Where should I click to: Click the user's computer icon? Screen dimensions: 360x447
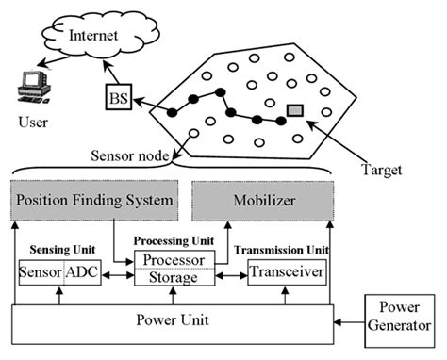(32, 90)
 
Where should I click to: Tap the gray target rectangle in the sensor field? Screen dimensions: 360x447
(295, 110)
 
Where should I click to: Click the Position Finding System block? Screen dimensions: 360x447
(94, 200)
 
